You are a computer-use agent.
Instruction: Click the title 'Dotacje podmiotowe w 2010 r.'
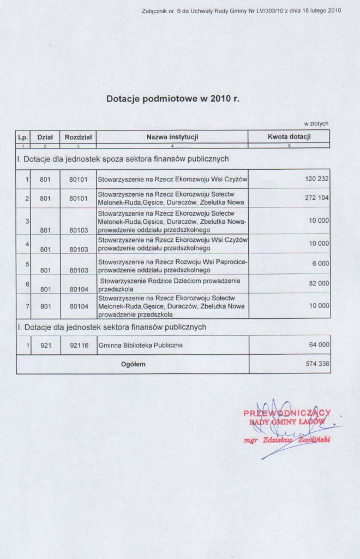point(173,99)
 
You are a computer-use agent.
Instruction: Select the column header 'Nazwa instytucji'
point(172,136)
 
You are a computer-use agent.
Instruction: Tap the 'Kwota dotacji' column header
point(289,136)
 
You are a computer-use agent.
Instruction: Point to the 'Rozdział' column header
point(78,137)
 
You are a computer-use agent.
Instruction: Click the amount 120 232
point(317,179)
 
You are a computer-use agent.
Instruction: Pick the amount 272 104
point(317,198)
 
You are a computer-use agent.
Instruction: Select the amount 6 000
point(321,263)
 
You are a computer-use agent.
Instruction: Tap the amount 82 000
point(319,283)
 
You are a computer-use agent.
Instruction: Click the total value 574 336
point(317,364)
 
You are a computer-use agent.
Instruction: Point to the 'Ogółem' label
point(133,364)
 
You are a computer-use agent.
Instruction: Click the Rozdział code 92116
point(79,346)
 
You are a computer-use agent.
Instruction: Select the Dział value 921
point(45,346)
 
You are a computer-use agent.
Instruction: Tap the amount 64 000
point(319,346)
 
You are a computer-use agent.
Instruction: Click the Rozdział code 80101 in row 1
point(79,179)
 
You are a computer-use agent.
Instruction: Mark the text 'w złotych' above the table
point(316,124)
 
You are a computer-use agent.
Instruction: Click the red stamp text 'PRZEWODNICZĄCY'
point(287,413)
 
